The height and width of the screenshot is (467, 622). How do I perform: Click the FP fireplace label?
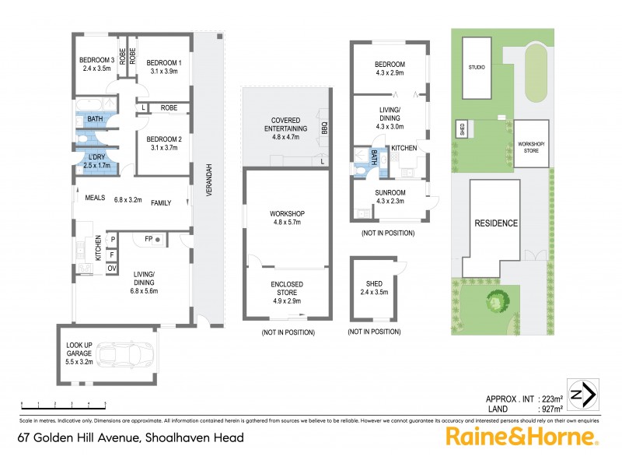149,238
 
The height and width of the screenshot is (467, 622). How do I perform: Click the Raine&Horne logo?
521,437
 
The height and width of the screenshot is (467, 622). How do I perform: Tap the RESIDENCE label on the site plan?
496,223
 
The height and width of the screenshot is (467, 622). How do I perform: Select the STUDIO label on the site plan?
477,68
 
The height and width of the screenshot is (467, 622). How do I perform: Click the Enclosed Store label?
286,289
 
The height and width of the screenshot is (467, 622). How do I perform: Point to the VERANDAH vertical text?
208,178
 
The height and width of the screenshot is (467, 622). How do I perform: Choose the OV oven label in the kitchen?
113,269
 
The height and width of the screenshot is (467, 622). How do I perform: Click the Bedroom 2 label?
164,142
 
